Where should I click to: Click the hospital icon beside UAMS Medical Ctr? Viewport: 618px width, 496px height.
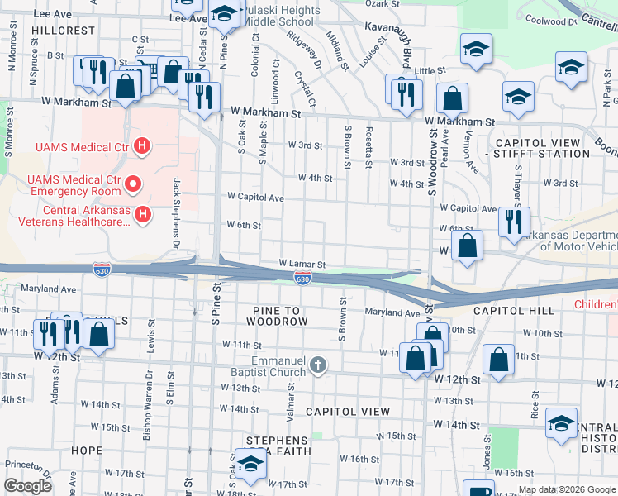(142, 147)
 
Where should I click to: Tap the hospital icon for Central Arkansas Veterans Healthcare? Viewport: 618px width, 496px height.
(143, 216)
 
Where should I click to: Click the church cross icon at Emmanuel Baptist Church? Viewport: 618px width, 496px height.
(318, 365)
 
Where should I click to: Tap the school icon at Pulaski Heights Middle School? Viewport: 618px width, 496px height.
(223, 13)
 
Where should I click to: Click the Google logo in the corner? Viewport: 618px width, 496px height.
(27, 486)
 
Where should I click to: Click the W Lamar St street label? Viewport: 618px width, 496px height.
(302, 264)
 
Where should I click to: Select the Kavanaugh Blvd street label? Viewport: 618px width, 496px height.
(406, 48)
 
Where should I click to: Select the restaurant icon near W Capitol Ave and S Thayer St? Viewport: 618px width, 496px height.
(514, 222)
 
